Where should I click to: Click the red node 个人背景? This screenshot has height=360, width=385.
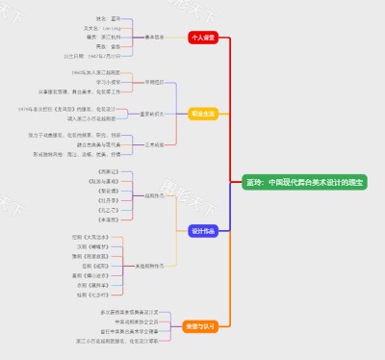(x=203, y=38)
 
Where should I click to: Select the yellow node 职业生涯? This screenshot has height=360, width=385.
(x=203, y=113)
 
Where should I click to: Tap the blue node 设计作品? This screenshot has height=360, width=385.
(x=203, y=230)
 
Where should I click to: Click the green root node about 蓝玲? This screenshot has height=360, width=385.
(x=291, y=181)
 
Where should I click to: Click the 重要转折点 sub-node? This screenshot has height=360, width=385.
(x=151, y=113)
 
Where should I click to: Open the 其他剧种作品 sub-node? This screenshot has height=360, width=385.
(x=148, y=265)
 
